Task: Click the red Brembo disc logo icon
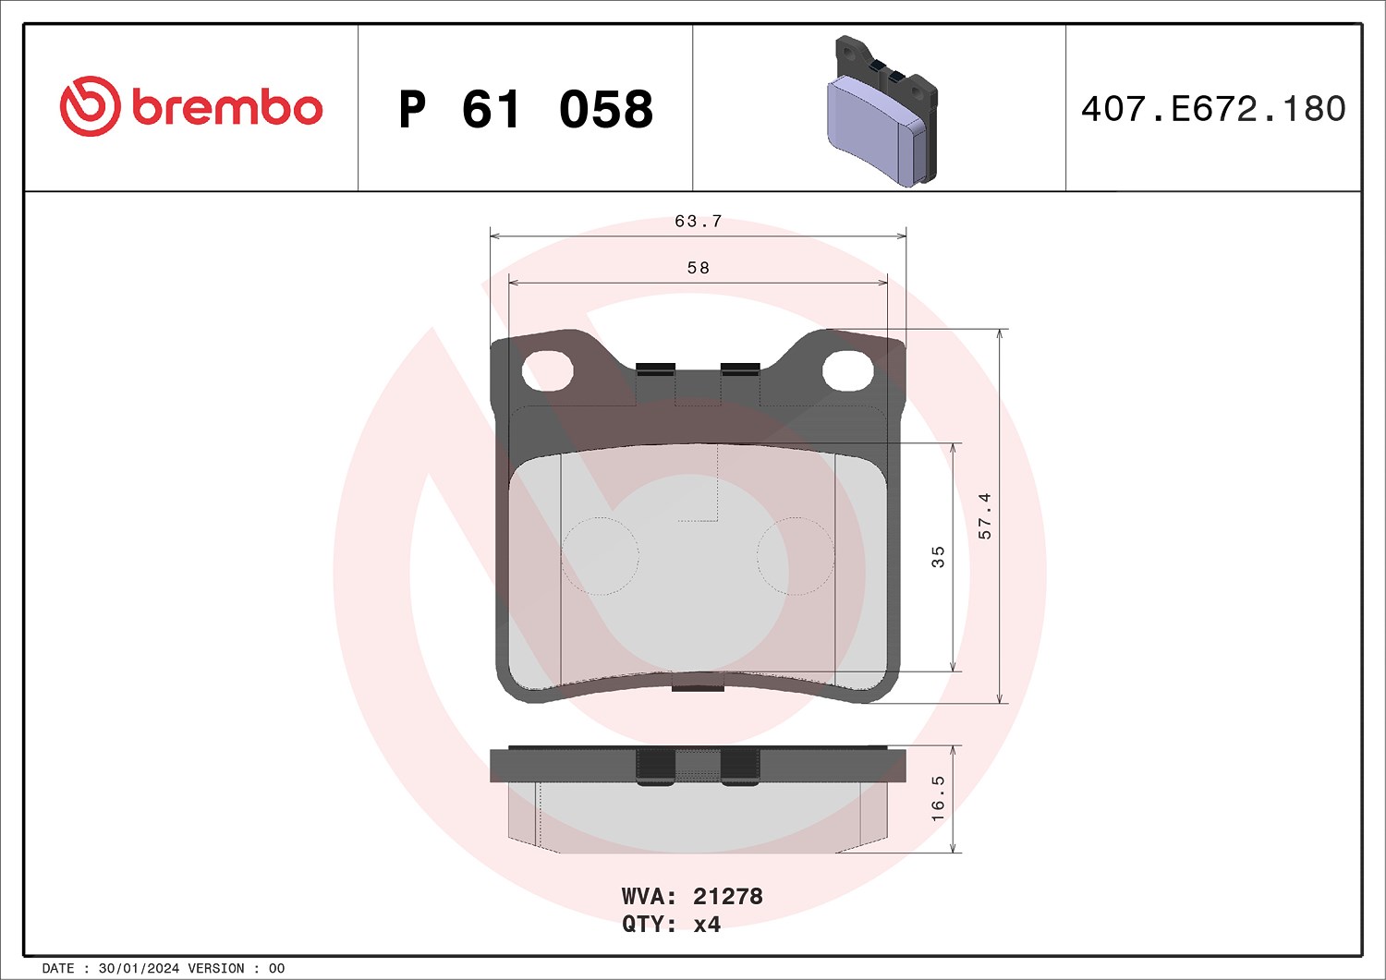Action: coord(90,106)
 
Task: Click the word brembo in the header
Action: coord(227,108)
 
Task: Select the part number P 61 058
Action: coord(526,110)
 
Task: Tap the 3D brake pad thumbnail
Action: coord(882,112)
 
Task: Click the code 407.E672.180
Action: coord(1213,109)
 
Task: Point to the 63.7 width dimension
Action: coord(698,222)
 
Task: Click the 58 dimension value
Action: coord(698,268)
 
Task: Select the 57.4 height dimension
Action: coord(984,516)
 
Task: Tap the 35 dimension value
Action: coord(938,557)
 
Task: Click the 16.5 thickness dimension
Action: coord(938,799)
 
